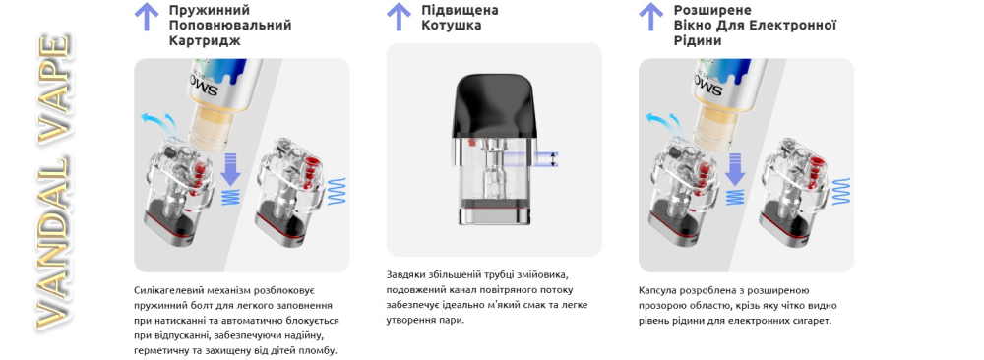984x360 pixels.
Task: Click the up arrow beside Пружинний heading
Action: [x=147, y=17]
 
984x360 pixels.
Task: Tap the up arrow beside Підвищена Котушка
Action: [x=399, y=17]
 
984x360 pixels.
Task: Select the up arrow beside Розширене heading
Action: [x=650, y=17]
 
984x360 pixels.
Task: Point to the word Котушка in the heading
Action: [x=452, y=26]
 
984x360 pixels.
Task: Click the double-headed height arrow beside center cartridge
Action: [x=553, y=159]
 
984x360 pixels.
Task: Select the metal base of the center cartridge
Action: [x=494, y=214]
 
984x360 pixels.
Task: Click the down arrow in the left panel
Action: [x=231, y=169]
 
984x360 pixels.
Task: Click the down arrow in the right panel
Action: [x=735, y=169]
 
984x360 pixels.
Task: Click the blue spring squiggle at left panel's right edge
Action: [x=338, y=191]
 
